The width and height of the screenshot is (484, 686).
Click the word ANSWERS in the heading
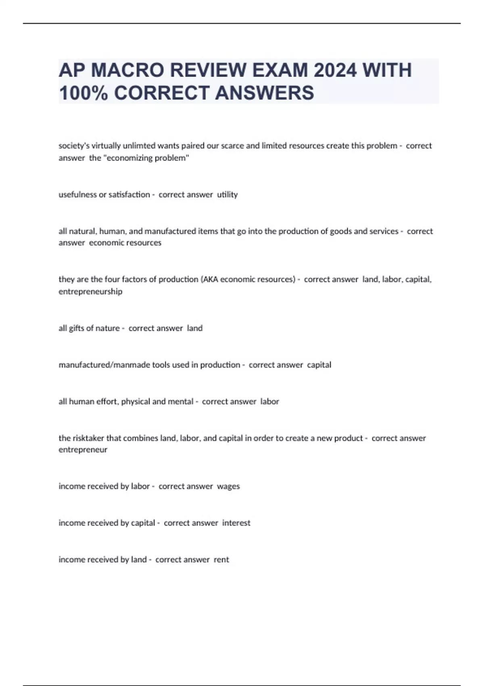(265, 93)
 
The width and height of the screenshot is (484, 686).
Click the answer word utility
(227, 195)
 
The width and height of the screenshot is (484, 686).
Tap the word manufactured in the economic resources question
(171, 231)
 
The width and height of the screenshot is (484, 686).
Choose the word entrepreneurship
(90, 291)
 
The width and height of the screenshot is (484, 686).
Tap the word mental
(180, 402)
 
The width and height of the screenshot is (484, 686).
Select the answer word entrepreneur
(83, 450)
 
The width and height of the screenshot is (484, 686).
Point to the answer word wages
(228, 486)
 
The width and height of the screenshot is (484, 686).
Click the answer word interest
(236, 523)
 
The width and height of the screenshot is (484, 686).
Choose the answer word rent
(221, 560)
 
